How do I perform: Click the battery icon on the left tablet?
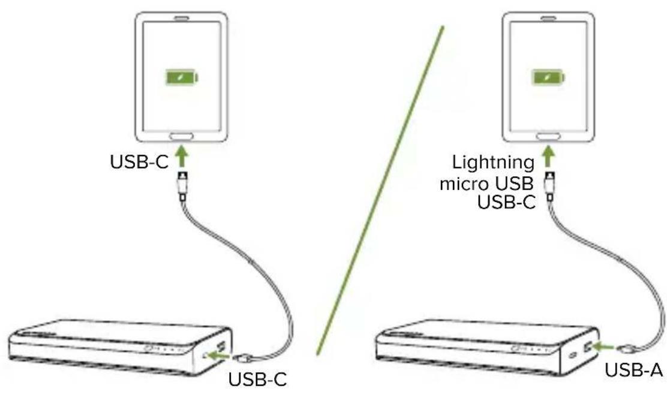pyautogui.click(x=182, y=77)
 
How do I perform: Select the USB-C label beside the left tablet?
pyautogui.click(x=139, y=162)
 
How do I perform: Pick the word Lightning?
pyautogui.click(x=493, y=162)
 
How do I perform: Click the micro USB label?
pyautogui.click(x=487, y=183)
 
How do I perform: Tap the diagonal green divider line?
pyautogui.click(x=380, y=192)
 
